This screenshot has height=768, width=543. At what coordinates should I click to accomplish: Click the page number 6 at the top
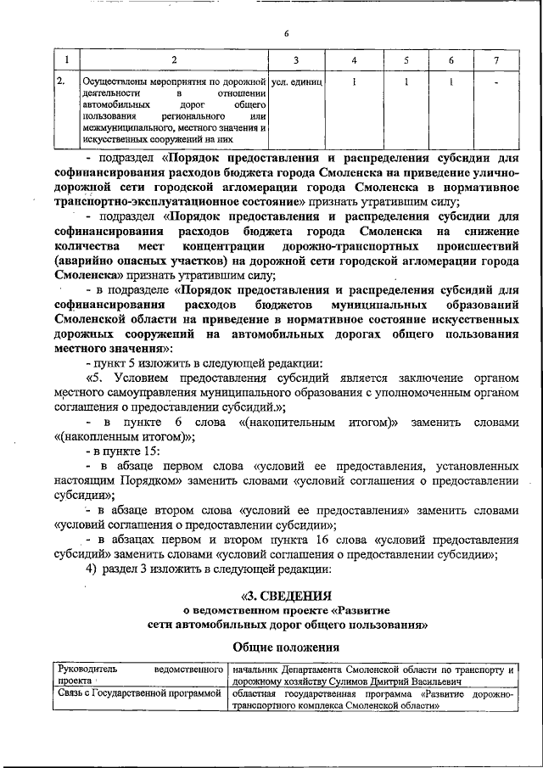click(x=287, y=34)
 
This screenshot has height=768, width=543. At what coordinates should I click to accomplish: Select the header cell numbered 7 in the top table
click(x=496, y=60)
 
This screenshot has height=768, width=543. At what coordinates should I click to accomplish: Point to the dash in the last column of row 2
click(x=496, y=82)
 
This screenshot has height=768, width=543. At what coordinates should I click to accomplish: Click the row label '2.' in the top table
click(x=61, y=82)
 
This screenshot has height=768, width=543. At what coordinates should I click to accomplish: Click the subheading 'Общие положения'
click(x=286, y=647)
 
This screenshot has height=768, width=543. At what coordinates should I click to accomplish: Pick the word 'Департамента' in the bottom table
click(x=317, y=670)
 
